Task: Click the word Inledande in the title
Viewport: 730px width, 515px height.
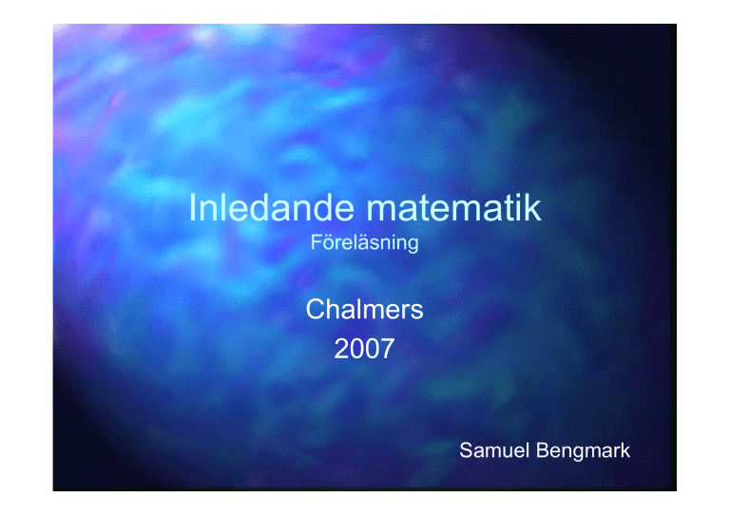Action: pos(272,207)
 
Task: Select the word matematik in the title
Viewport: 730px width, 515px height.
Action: pos(454,207)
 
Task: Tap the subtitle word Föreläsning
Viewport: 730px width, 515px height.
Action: pos(365,243)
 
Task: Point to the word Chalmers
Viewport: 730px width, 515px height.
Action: pos(365,309)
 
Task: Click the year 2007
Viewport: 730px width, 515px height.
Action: pos(365,349)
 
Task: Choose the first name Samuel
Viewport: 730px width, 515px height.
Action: pos(494,450)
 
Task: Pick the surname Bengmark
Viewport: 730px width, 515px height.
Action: pos(584,450)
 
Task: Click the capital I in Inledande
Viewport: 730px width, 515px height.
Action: pos(192,207)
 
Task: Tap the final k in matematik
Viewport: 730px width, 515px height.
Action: pos(533,207)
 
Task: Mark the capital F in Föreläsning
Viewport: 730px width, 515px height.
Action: pos(317,242)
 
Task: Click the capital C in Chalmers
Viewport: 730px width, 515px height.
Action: pos(316,309)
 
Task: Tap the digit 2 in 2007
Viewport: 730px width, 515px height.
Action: pos(341,349)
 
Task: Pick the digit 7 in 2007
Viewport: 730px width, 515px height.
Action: pos(388,349)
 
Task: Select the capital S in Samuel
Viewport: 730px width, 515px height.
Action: pos(466,450)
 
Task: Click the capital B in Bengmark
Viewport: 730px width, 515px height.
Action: pos(543,450)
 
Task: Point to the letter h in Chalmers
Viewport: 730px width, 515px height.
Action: pos(335,309)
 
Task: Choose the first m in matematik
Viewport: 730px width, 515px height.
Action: pos(383,211)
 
